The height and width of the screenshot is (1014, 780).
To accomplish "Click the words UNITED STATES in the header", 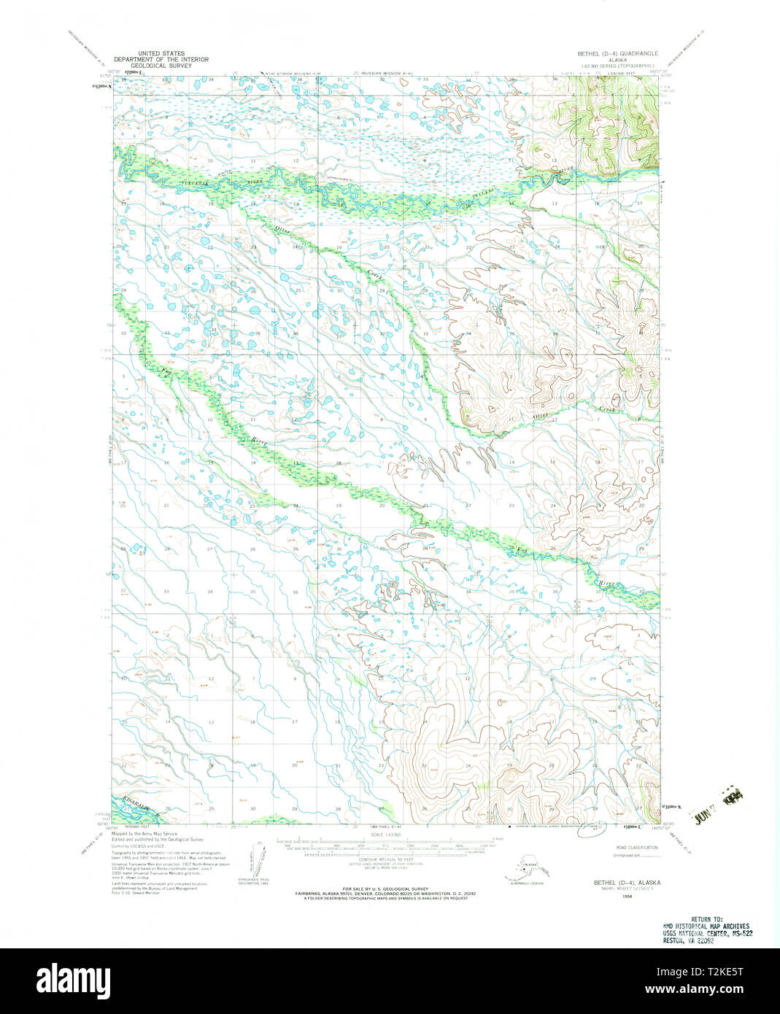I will pos(161,53).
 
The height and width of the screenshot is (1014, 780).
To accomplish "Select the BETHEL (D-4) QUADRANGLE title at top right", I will pos(617,53).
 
